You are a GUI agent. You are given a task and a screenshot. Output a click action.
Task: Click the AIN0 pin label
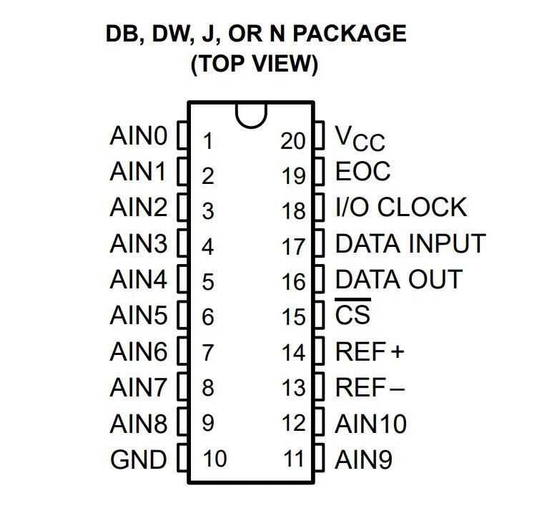138,136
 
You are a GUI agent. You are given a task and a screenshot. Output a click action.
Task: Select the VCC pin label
360,137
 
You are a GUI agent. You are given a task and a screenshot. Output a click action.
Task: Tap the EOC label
363,172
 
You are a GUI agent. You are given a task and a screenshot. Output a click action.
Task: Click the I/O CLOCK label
400,208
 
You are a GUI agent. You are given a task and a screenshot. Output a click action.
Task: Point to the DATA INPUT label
410,243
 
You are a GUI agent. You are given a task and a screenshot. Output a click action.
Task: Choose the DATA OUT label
398,279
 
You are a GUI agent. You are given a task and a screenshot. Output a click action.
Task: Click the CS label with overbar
353,315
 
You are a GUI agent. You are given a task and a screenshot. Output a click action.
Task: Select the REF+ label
370,351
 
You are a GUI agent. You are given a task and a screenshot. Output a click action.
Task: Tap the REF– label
370,387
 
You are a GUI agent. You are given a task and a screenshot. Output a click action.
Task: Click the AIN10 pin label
370,423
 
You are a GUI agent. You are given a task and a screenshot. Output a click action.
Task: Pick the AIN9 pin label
363,459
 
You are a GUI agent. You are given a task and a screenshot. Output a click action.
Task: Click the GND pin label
138,459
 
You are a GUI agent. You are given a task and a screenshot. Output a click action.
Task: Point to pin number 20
293,140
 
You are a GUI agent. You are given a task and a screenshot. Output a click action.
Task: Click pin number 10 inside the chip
215,459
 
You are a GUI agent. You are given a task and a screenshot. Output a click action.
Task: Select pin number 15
293,316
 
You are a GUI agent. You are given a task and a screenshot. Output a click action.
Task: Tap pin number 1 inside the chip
207,140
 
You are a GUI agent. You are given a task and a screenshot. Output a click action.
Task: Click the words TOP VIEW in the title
254,64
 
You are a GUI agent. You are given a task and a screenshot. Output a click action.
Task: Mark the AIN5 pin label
138,315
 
